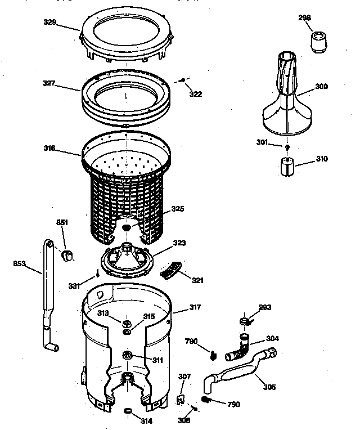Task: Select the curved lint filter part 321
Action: (x=169, y=272)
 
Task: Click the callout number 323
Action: (x=179, y=243)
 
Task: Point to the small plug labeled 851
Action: (x=69, y=257)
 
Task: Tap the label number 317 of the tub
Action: (x=195, y=307)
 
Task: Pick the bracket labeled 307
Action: (x=182, y=399)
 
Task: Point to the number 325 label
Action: (x=178, y=209)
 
